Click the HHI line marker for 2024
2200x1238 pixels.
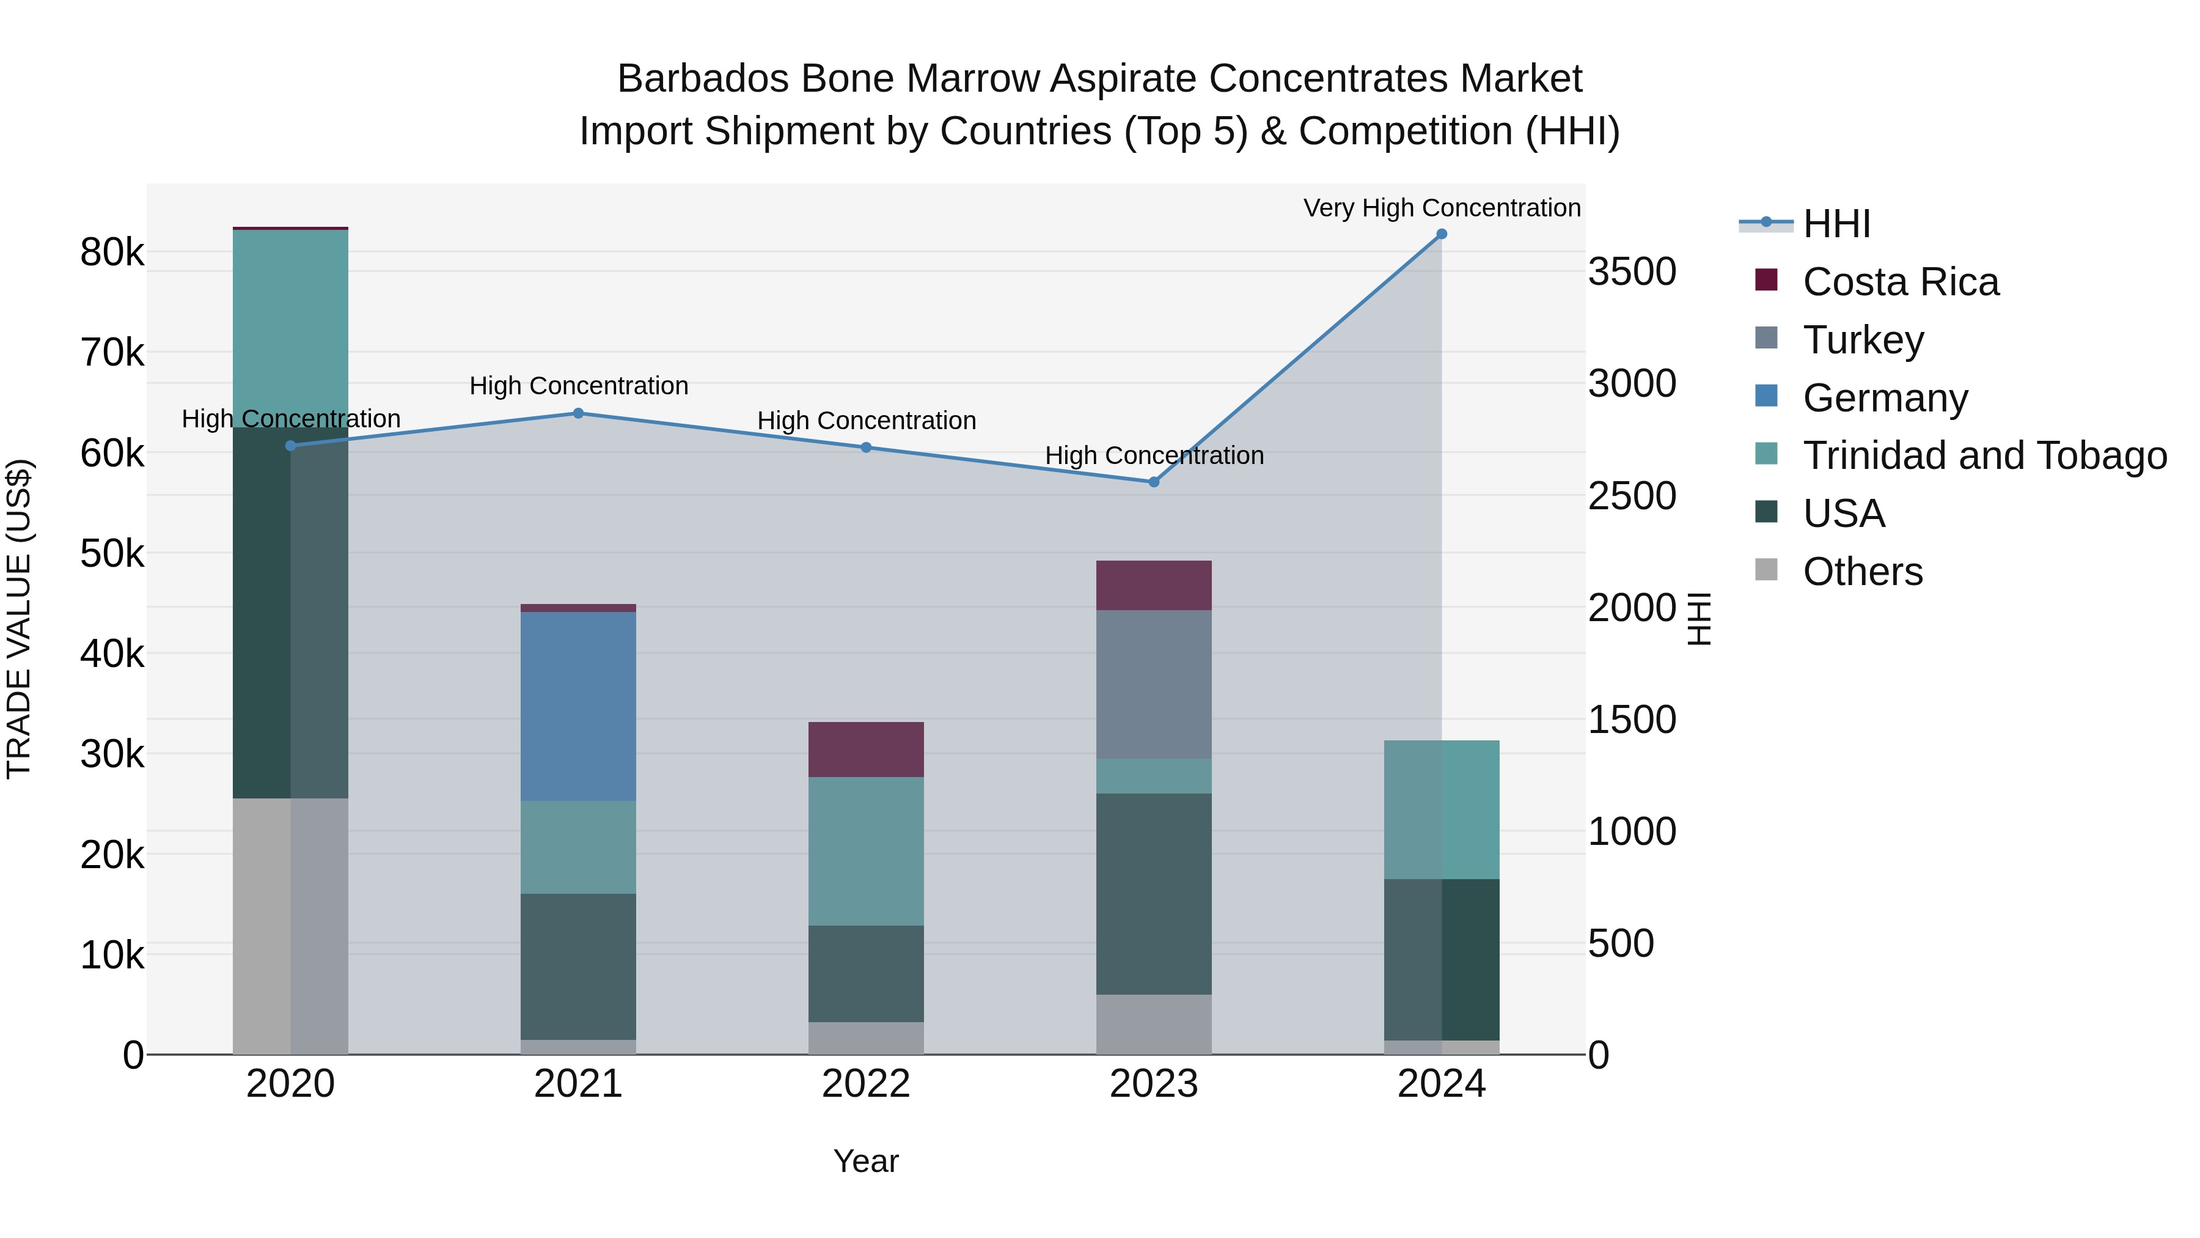[1441, 234]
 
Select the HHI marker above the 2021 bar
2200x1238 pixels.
[578, 413]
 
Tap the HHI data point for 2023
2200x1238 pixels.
[1154, 482]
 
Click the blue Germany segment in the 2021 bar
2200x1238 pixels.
[578, 706]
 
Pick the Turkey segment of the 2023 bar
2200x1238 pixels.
[1154, 683]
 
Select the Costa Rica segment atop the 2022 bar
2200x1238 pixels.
[866, 750]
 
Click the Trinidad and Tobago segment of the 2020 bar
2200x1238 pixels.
[290, 329]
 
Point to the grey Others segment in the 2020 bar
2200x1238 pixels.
[290, 926]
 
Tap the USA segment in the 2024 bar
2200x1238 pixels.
[1441, 959]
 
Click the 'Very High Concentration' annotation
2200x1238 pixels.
[1442, 208]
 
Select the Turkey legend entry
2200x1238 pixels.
[1863, 340]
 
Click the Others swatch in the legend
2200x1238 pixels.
[1766, 570]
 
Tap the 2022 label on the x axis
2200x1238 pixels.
[866, 1084]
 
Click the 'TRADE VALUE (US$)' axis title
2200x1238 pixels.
[19, 619]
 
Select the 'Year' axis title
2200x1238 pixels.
[866, 1161]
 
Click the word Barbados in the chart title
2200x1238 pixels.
[702, 79]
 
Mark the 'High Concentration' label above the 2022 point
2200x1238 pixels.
[866, 421]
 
